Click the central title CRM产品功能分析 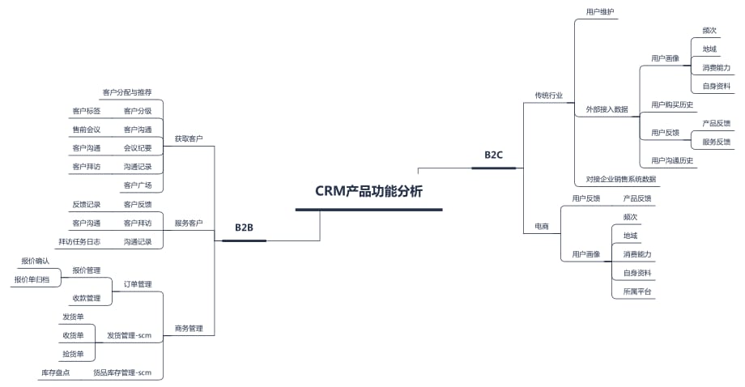[368, 192]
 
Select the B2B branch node [244, 228]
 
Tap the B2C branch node [494, 155]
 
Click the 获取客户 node [189, 139]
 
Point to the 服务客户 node [189, 223]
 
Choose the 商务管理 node [189, 329]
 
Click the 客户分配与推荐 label [127, 92]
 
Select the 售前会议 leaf [87, 130]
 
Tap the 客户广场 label [138, 185]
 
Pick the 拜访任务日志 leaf [79, 241]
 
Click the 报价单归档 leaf [32, 279]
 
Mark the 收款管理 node [87, 298]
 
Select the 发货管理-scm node [130, 335]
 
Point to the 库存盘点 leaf [55, 372]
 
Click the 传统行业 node [548, 96]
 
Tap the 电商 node [542, 227]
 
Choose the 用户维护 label [600, 12]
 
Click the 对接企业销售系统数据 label [621, 179]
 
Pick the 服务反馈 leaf [717, 142]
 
